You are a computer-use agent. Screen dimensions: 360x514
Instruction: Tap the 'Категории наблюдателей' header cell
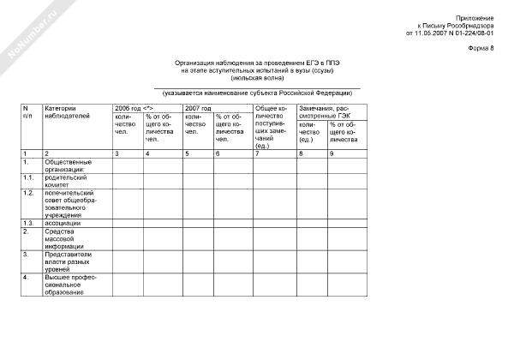click(65, 113)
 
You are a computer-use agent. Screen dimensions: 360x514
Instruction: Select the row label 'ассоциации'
click(63, 222)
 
